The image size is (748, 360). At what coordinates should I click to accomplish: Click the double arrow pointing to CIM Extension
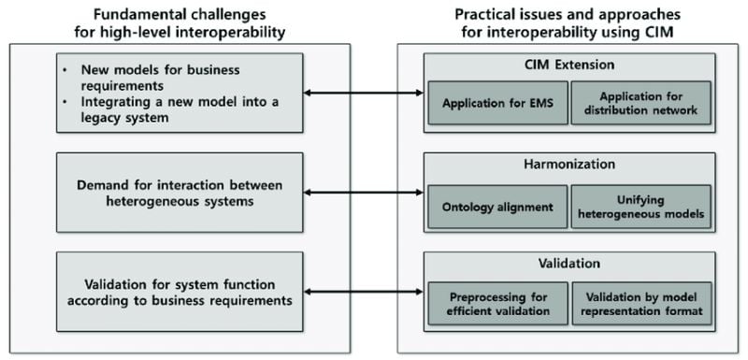(364, 93)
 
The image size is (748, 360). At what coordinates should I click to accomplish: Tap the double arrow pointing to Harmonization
(364, 193)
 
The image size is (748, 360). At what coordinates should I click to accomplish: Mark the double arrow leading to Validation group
(364, 292)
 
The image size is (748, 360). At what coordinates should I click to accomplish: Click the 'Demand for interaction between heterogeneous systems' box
(180, 192)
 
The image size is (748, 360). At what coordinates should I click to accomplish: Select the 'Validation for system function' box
(180, 292)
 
